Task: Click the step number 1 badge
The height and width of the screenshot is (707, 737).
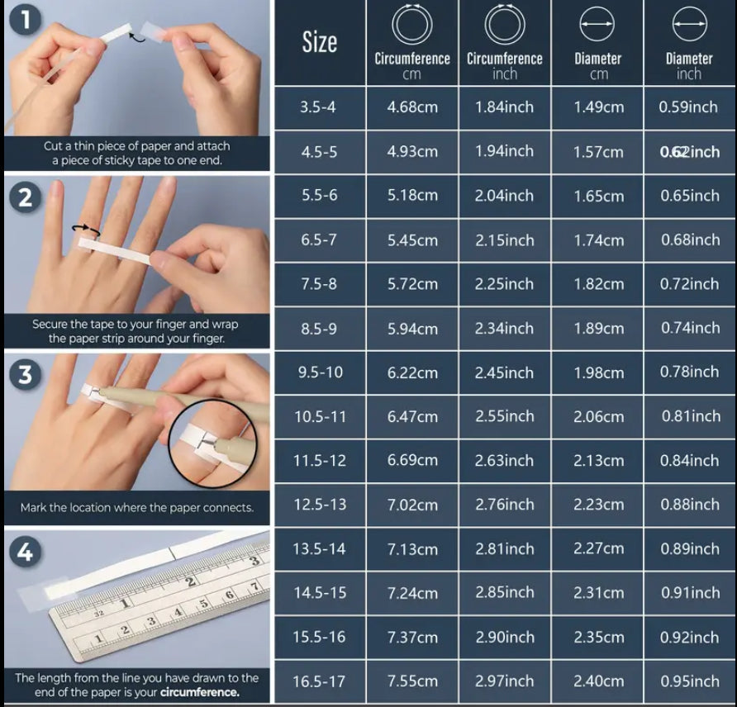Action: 25,20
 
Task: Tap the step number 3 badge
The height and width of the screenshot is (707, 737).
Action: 25,375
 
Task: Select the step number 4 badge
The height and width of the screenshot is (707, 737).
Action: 25,552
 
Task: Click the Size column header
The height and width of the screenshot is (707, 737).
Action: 320,42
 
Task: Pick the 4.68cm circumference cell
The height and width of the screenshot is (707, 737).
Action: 412,107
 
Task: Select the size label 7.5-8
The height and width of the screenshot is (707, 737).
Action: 319,284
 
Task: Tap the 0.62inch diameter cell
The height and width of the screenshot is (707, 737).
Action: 690,152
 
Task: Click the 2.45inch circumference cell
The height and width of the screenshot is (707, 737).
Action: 504,372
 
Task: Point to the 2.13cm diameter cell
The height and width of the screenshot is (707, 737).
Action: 598,460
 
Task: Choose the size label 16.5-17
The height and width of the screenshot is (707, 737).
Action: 319,681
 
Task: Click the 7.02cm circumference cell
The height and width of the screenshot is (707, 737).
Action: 412,505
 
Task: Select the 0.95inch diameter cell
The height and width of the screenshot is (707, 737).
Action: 690,681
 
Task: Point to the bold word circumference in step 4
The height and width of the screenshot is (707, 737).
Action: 200,692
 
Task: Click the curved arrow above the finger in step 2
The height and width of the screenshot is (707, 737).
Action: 86,230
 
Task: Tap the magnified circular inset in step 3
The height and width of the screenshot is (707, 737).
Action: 212,443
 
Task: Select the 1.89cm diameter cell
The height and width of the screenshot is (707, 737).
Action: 598,328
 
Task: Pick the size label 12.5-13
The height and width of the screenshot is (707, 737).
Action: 320,505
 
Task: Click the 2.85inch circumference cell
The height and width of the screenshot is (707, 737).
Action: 504,592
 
